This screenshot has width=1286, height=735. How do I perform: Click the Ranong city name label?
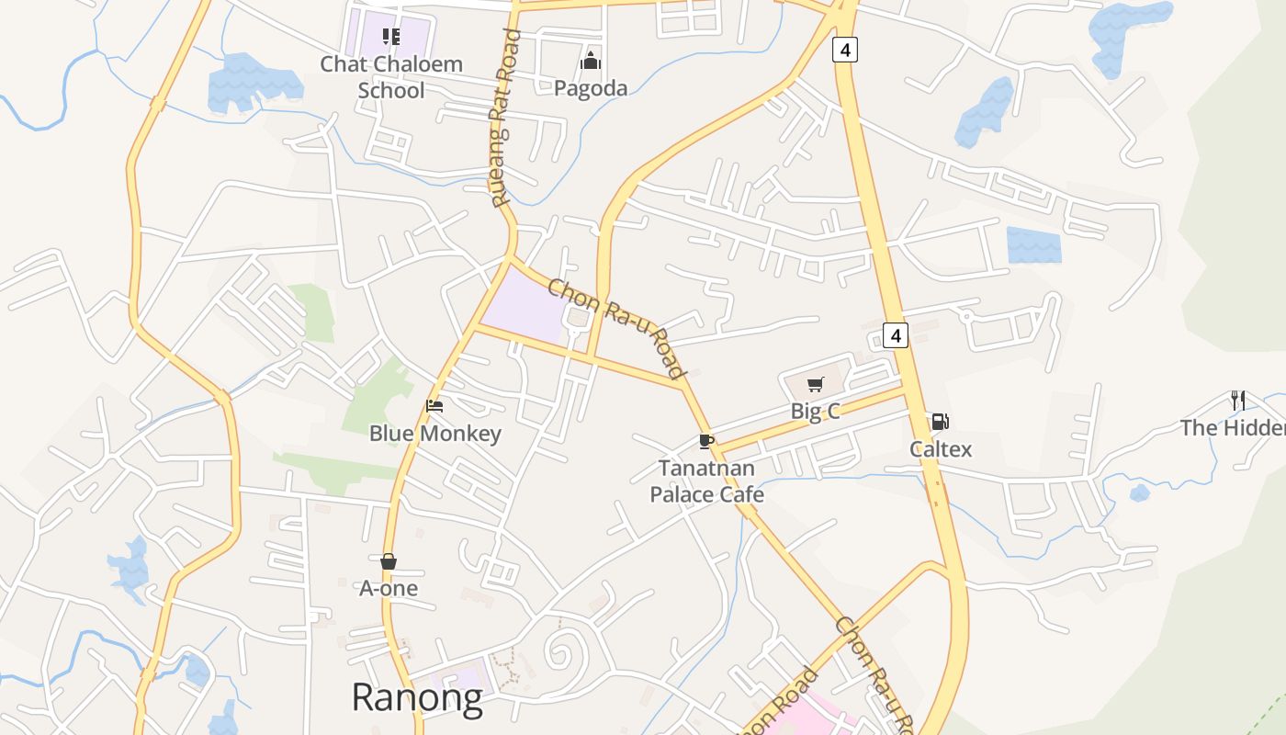417,697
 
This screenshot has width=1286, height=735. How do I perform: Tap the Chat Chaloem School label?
391,77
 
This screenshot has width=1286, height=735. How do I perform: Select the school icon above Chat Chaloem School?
391,37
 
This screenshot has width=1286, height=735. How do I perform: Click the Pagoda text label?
591,88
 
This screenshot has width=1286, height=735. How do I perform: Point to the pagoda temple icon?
590,62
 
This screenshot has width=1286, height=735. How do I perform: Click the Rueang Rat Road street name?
504,118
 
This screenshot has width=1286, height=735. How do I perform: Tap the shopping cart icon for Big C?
815,385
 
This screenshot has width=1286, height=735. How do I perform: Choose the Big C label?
815,412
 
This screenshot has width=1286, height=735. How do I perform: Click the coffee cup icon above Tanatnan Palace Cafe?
705,442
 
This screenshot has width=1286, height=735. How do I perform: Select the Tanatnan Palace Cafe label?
706,481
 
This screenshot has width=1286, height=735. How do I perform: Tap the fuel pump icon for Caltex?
940,422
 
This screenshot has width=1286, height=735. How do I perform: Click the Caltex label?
941,449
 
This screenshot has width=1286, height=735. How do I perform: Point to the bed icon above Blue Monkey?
434,406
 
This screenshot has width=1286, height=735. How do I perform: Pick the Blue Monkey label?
435,434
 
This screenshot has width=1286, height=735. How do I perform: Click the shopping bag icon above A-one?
389,561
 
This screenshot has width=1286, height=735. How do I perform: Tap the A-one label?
389,588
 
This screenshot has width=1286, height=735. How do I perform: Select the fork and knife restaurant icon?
1238,400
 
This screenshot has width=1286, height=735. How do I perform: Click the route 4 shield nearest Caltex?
896,335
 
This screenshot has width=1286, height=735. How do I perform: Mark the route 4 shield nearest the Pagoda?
844,49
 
